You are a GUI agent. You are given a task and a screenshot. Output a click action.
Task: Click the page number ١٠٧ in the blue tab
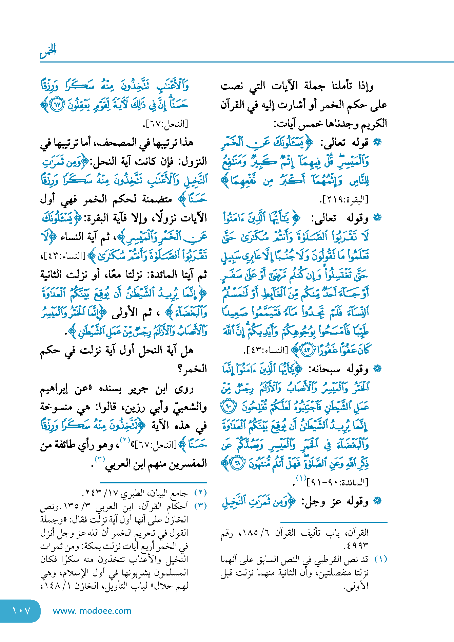click(21, 611)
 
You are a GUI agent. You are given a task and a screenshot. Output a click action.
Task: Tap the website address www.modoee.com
click(92, 611)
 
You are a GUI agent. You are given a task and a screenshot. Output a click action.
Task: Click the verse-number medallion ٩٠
click(228, 407)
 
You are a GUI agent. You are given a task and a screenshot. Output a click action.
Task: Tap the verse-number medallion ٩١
click(237, 463)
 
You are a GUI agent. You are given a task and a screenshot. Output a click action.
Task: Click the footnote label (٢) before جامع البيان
click(200, 493)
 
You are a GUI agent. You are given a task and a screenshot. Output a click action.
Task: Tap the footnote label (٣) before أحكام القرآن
click(200, 506)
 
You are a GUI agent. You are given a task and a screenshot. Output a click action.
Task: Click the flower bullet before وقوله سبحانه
click(377, 369)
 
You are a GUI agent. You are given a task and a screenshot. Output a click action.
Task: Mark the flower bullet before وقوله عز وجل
click(377, 501)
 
